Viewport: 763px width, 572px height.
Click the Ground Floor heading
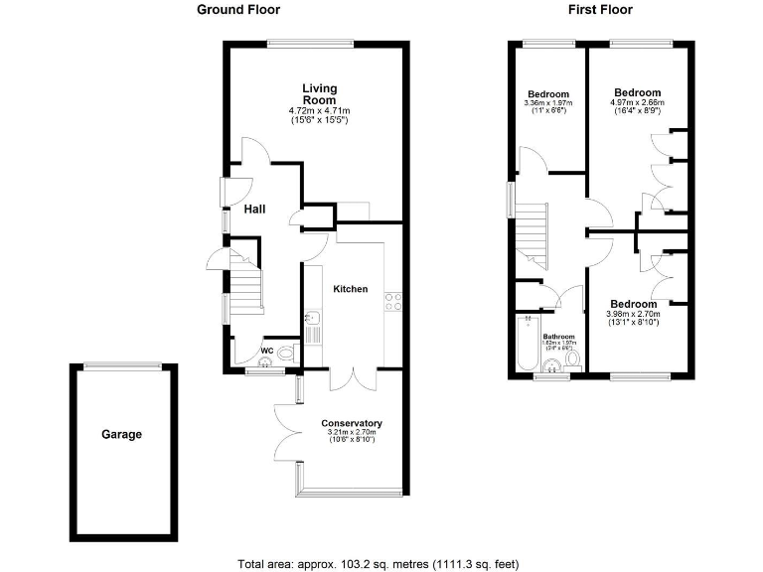(238, 10)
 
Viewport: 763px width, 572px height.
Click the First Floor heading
(600, 10)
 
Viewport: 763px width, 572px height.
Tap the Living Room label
(319, 94)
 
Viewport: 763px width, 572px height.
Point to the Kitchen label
(350, 289)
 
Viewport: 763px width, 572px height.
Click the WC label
(266, 351)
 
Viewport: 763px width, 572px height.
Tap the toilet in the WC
(287, 353)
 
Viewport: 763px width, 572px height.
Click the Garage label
(121, 434)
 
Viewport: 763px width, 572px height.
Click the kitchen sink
(312, 320)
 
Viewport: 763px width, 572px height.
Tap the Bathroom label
(559, 337)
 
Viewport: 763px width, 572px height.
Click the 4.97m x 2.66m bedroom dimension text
(637, 102)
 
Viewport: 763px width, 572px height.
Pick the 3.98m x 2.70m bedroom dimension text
(633, 315)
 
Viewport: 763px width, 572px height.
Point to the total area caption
(379, 564)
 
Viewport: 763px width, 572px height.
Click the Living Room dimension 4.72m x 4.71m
(319, 110)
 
